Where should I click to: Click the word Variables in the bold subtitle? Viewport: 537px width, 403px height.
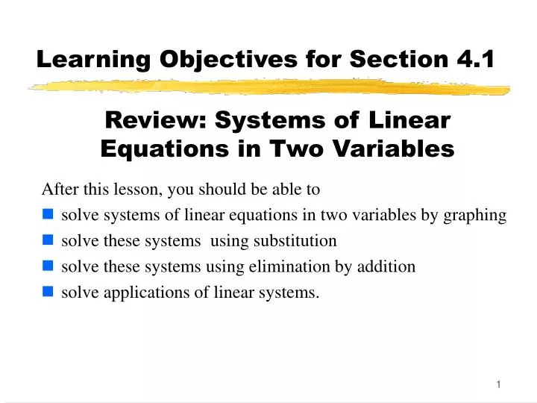406,149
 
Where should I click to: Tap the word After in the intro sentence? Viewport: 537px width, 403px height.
58,190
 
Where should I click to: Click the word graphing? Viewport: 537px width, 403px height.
475,216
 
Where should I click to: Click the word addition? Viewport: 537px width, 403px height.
387,266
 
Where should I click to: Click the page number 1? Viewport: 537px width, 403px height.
497,384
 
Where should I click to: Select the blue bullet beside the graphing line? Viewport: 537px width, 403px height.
48,216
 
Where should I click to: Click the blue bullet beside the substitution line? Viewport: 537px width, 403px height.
48,241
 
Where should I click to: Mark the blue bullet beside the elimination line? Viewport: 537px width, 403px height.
48,266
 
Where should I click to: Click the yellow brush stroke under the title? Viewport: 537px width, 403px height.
268,88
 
